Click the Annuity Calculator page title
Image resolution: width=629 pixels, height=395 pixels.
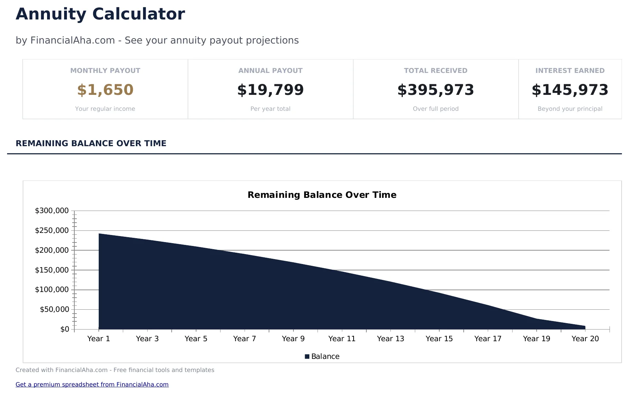coord(100,15)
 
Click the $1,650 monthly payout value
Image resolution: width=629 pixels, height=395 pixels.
coord(105,90)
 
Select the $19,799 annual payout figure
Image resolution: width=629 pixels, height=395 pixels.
coord(270,90)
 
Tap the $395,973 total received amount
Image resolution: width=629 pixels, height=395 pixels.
coord(435,90)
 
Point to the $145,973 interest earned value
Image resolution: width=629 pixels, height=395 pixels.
coord(570,90)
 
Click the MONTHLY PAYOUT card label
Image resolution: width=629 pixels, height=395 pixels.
coord(105,70)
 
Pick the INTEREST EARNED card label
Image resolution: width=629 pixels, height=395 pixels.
coord(570,70)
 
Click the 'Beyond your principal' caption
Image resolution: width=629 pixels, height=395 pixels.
coord(570,109)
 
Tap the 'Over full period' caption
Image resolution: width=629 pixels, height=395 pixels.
coord(435,109)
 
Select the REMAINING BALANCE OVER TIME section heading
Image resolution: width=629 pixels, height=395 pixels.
coord(91,143)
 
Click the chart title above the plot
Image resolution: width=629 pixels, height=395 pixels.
coord(322,195)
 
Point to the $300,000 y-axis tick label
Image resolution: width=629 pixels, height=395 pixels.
coord(52,211)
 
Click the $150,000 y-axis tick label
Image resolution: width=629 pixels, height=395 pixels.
coord(52,270)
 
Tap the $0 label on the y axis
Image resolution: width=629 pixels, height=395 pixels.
coord(65,330)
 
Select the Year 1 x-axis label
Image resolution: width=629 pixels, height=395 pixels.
coord(99,339)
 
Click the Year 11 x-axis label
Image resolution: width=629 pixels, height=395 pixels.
coord(342,339)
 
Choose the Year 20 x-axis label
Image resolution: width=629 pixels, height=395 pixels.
coord(585,339)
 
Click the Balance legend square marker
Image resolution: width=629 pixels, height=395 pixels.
coord(307,356)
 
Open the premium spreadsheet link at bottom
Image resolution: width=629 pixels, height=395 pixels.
coord(92,384)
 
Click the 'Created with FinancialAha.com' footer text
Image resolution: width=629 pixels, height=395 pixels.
coord(115,370)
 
